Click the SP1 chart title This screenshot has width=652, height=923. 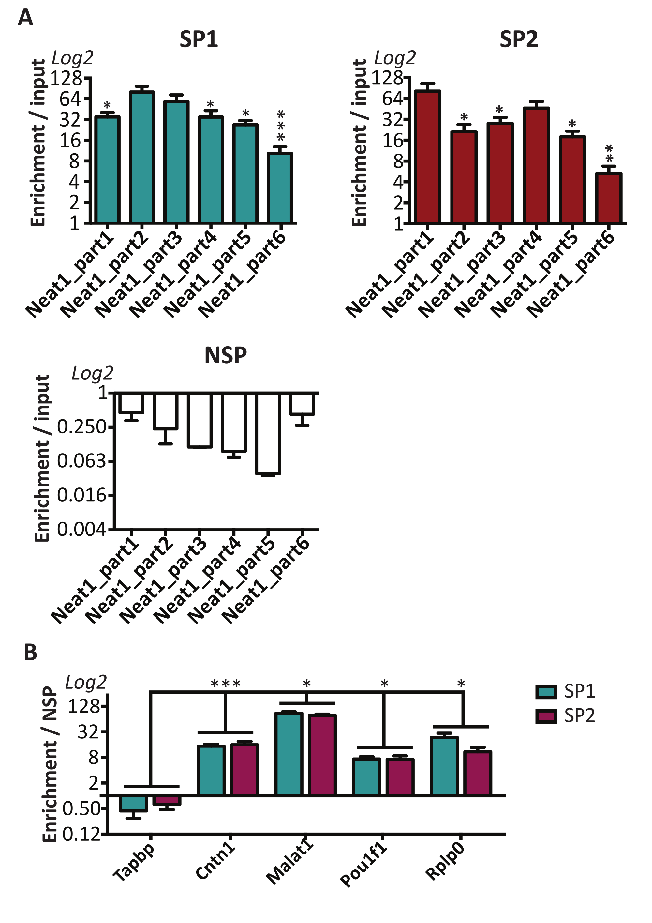point(199,39)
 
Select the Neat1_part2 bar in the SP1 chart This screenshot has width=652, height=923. point(142,157)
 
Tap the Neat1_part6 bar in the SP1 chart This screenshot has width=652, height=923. point(280,188)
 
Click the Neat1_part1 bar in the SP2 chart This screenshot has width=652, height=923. point(428,157)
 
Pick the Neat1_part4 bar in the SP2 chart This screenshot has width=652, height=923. point(536,165)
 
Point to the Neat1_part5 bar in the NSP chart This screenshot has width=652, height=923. point(268,433)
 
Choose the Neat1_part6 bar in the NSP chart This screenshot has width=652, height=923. point(302,404)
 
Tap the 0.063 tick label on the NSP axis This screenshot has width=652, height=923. point(81,461)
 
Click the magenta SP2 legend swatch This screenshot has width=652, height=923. point(546,716)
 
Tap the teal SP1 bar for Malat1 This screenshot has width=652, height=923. point(289,754)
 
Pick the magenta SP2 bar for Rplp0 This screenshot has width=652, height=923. point(477,773)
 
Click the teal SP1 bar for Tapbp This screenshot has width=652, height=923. point(133,804)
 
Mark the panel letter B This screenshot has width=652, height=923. point(31,652)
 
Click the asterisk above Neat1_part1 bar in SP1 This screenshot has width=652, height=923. point(107,106)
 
